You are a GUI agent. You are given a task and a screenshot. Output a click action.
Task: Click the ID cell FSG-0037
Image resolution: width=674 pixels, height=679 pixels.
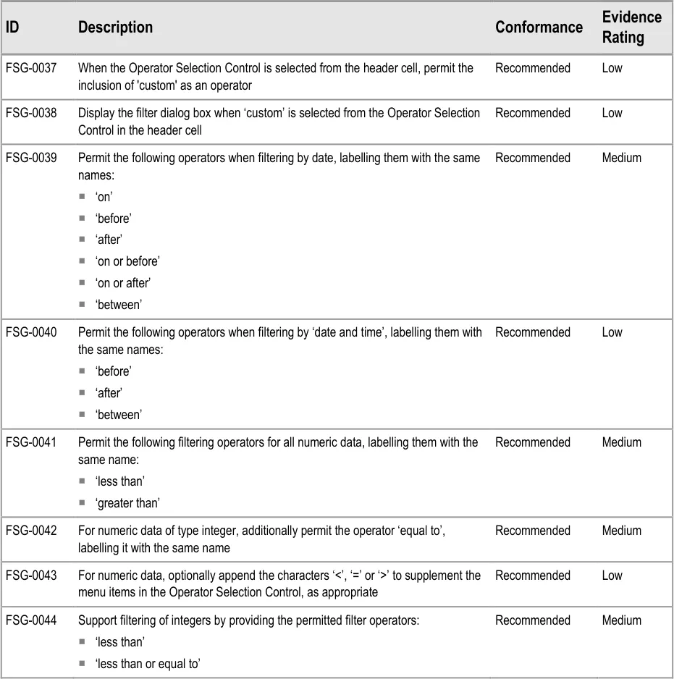pyautogui.click(x=31, y=68)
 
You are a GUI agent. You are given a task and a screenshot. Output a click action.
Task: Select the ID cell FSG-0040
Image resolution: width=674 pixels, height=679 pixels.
pyautogui.click(x=31, y=332)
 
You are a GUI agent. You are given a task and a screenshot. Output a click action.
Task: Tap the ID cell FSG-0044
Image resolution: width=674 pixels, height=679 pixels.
pyautogui.click(x=31, y=620)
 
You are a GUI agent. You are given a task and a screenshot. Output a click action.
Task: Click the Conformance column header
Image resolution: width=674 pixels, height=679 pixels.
pyautogui.click(x=539, y=28)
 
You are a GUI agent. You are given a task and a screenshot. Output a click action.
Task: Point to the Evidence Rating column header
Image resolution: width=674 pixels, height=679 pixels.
pyautogui.click(x=631, y=28)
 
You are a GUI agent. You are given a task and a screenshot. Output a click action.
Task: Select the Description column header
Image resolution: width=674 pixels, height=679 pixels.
pyautogui.click(x=115, y=28)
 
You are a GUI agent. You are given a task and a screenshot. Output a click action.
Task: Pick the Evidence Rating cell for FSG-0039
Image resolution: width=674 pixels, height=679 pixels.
pyautogui.click(x=621, y=158)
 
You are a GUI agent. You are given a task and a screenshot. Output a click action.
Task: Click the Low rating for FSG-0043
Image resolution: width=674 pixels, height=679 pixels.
pyautogui.click(x=612, y=575)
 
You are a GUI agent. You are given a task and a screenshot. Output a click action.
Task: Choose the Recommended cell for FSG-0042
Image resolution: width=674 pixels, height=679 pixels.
pyautogui.click(x=532, y=531)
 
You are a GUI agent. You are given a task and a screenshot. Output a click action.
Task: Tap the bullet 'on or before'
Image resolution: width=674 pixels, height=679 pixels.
pyautogui.click(x=127, y=261)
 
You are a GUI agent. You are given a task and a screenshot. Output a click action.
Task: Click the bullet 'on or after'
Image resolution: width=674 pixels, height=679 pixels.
pyautogui.click(x=123, y=283)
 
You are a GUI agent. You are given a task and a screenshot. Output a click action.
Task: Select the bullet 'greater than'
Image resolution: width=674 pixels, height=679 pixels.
pyautogui.click(x=127, y=503)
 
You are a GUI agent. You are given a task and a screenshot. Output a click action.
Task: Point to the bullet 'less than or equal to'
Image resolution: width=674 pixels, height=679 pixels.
pyautogui.click(x=148, y=664)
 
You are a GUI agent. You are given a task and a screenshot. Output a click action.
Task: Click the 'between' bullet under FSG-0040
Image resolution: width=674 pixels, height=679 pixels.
pyautogui.click(x=119, y=415)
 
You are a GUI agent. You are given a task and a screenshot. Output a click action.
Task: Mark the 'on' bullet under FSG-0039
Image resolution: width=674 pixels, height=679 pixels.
pyautogui.click(x=104, y=197)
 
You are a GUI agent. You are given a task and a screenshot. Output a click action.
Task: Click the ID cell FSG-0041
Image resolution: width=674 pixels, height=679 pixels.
pyautogui.click(x=31, y=442)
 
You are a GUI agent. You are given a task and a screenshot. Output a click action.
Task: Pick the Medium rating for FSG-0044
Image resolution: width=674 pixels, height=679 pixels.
pyautogui.click(x=621, y=620)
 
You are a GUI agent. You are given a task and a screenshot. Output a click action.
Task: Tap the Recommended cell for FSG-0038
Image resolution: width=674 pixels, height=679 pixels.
pyautogui.click(x=532, y=113)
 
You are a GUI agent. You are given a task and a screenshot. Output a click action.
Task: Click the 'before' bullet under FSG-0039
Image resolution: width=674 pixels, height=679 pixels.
pyautogui.click(x=114, y=219)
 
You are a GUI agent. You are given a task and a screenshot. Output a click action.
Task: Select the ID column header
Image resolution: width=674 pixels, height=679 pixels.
pyautogui.click(x=12, y=28)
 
